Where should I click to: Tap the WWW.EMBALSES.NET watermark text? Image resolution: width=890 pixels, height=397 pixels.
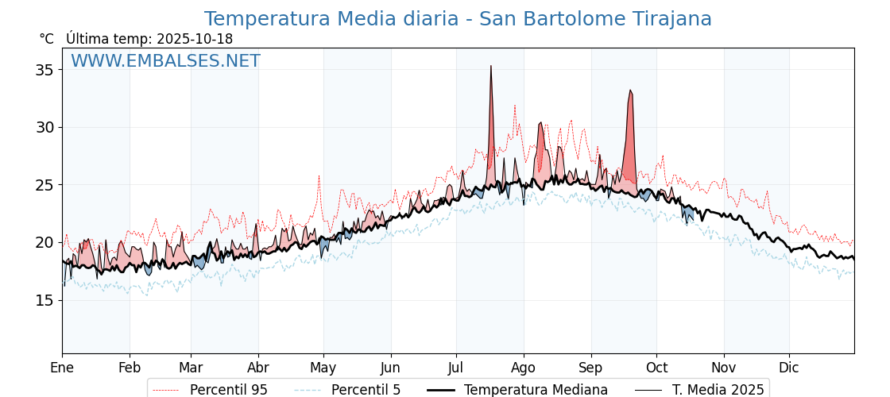pyautogui.click(x=165, y=61)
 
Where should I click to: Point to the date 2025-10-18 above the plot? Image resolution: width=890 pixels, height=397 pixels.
pyautogui.click(x=195, y=39)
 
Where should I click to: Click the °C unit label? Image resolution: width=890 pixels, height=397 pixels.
pyautogui.click(x=46, y=39)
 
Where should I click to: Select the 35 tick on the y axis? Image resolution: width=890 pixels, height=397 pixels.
pyautogui.click(x=44, y=70)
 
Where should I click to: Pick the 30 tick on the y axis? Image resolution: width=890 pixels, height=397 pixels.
pyautogui.click(x=44, y=127)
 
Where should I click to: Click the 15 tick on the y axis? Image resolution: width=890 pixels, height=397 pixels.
pyautogui.click(x=44, y=300)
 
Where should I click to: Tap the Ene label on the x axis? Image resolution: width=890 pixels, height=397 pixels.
pyautogui.click(x=62, y=368)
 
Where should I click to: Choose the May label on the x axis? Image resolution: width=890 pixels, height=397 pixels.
pyautogui.click(x=323, y=368)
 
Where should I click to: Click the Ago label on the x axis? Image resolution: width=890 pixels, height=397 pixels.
pyautogui.click(x=524, y=368)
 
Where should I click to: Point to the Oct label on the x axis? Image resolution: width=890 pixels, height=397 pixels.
pyautogui.click(x=656, y=368)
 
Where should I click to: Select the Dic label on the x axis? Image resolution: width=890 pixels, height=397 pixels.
pyautogui.click(x=788, y=368)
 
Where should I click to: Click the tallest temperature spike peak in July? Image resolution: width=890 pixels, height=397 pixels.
pyautogui.click(x=491, y=66)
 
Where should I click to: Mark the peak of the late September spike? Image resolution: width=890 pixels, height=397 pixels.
pyautogui.click(x=630, y=91)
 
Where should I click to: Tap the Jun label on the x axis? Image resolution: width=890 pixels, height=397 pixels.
pyautogui.click(x=390, y=368)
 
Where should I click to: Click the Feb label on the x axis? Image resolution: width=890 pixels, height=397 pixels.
pyautogui.click(x=129, y=368)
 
